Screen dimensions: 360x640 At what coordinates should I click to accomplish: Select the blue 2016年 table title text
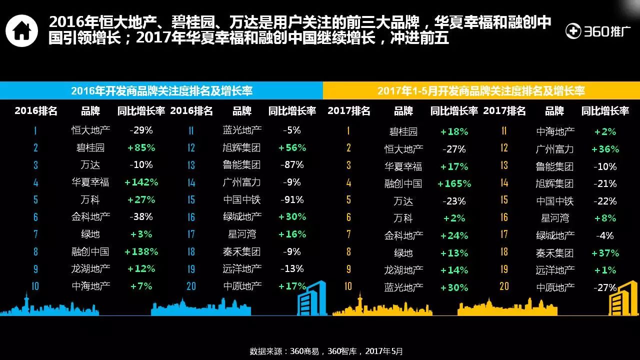coord(161,90)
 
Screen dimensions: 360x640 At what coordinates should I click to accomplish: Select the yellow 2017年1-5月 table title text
coord(480,90)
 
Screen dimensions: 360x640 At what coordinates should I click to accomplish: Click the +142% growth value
coord(141,182)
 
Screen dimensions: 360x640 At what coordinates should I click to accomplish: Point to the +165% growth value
coord(454,184)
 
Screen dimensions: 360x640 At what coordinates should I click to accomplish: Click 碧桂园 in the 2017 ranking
coord(403,132)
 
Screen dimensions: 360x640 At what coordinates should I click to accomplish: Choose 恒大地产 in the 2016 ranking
coord(91,130)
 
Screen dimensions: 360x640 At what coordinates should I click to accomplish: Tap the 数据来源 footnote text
coord(326,351)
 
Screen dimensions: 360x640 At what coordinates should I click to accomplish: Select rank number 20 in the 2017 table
coord(504,286)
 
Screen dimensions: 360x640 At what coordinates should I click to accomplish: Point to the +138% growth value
coord(141,251)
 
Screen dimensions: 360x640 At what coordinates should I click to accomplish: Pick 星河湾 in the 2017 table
coord(555,218)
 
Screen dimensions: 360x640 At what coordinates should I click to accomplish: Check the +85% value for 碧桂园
coord(141,148)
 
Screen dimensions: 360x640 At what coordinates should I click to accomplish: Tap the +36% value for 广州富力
coord(605,149)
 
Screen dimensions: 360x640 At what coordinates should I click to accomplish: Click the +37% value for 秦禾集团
coord(605,253)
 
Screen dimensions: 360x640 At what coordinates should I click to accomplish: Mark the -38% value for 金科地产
coord(141,217)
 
